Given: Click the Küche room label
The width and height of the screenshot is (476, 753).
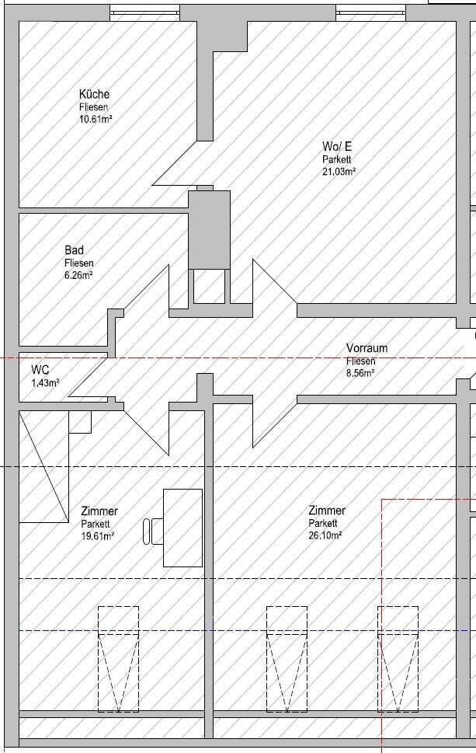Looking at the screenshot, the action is (94, 94).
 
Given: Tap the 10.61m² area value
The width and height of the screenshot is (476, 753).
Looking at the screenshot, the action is (96, 119).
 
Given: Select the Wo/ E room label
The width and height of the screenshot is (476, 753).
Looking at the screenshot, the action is (337, 146).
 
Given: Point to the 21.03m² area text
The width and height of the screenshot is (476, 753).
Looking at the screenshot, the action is (339, 172).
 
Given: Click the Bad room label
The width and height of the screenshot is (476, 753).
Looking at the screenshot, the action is (74, 249).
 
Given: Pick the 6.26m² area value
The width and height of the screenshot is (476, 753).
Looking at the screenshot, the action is (78, 275).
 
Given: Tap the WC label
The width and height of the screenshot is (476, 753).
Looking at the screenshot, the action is (40, 370).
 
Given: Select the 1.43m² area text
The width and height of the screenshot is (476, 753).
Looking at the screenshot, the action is (45, 383).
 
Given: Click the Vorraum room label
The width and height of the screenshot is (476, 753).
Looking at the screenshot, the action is (367, 347).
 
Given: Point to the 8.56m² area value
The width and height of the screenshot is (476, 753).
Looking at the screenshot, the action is (360, 373).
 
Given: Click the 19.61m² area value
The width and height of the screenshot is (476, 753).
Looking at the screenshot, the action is (97, 536).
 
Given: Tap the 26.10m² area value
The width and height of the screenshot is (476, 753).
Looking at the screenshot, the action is (325, 535).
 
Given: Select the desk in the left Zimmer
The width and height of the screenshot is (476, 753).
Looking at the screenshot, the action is (182, 528).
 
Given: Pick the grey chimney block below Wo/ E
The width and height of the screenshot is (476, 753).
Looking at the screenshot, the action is (209, 229).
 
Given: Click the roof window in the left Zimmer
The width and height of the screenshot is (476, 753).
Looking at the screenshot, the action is (119, 659).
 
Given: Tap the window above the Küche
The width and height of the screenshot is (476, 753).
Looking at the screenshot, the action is (145, 13).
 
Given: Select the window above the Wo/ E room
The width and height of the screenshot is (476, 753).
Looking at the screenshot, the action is (371, 13).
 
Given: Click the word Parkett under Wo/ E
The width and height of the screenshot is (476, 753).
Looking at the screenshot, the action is (337, 159).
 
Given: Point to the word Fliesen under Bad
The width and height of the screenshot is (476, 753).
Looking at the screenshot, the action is (78, 263).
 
